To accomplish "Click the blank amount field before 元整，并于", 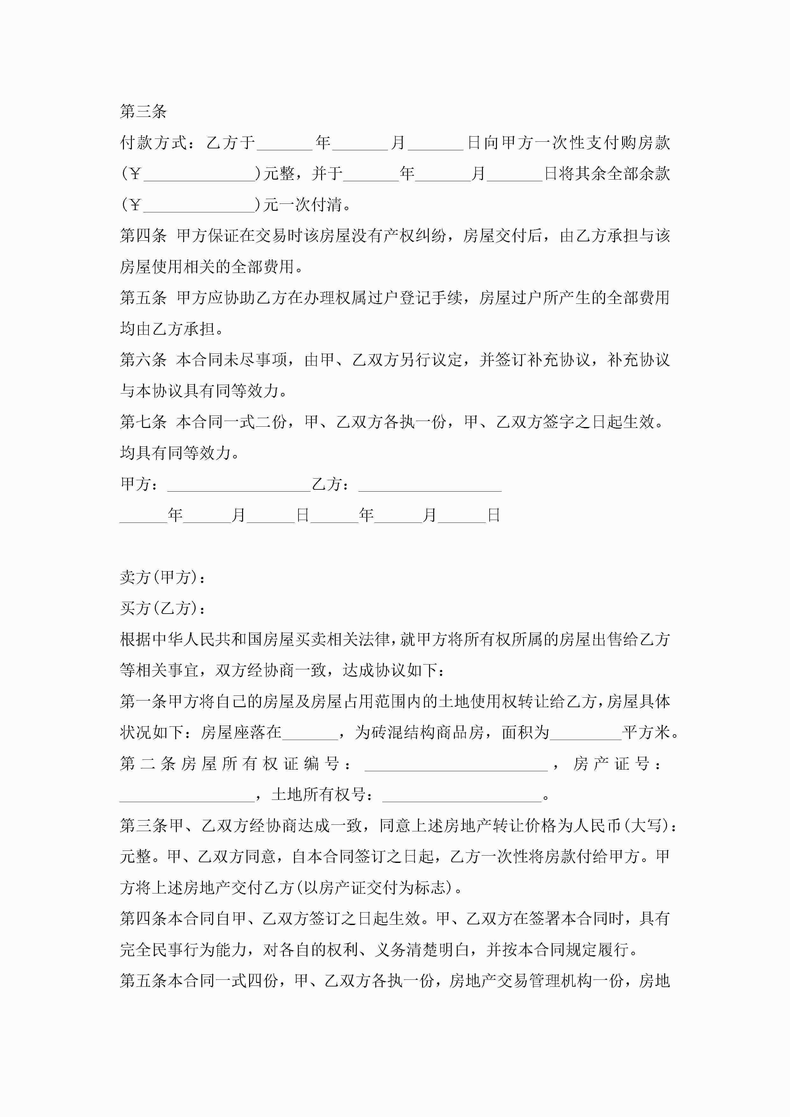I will point(199,174).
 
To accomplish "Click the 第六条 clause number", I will point(143,360).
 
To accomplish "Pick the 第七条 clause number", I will point(143,422).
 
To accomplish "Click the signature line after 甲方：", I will point(239,485).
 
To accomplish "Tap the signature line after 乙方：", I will point(430,485).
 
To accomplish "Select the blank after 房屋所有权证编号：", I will point(456,764).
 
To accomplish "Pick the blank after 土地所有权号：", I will point(462,795).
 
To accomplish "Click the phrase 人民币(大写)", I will point(623,826).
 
